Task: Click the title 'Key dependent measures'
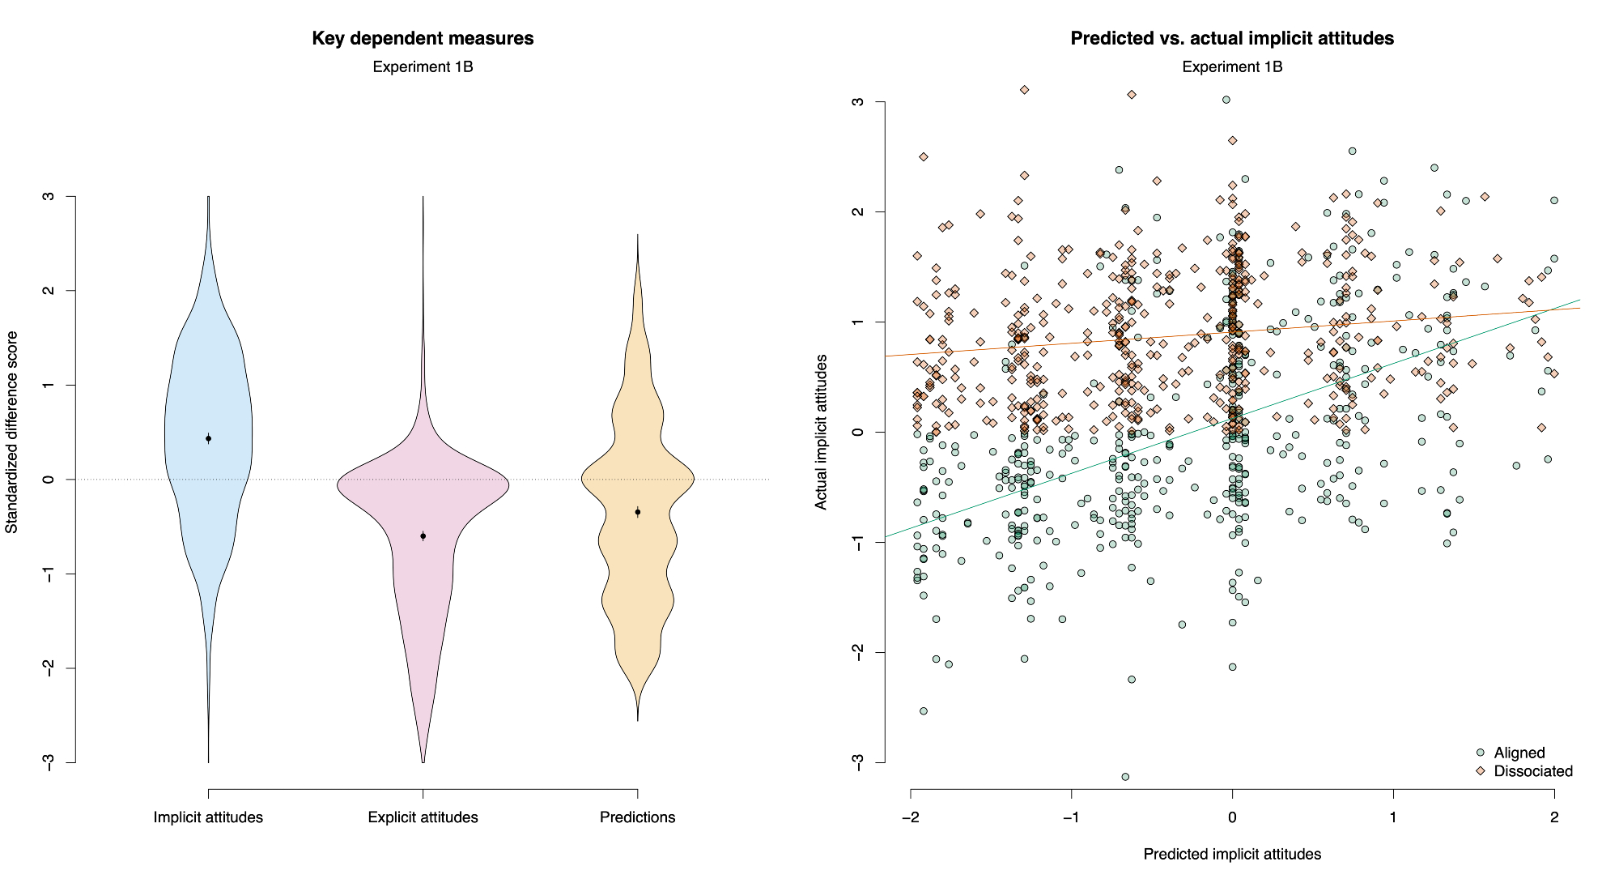[x=423, y=38]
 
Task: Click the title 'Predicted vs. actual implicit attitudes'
[x=1232, y=38]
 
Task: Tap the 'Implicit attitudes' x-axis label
[x=208, y=817]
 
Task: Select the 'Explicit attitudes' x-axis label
[x=423, y=817]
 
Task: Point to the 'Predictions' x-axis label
[x=637, y=817]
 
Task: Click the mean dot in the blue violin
[x=208, y=438]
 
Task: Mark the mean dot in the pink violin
[x=423, y=536]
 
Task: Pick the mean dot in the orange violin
[x=638, y=512]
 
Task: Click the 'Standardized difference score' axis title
[x=11, y=433]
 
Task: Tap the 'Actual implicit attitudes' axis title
[x=821, y=433]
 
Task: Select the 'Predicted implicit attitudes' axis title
[x=1232, y=854]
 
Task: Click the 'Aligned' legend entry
[x=1519, y=753]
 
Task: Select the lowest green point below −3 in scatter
[x=1125, y=777]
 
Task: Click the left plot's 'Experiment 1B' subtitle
[x=423, y=66]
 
